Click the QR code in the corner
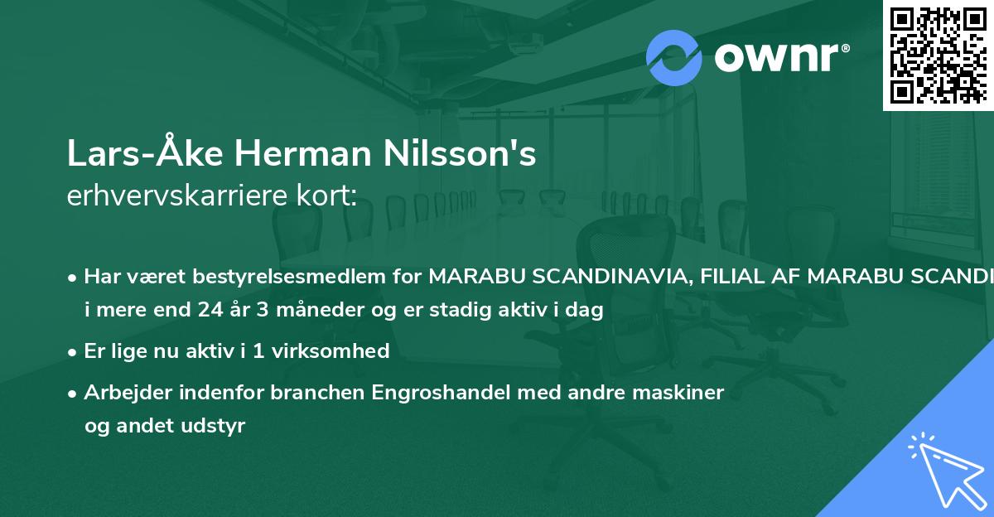[939, 55]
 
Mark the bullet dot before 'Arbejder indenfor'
[74, 393]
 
